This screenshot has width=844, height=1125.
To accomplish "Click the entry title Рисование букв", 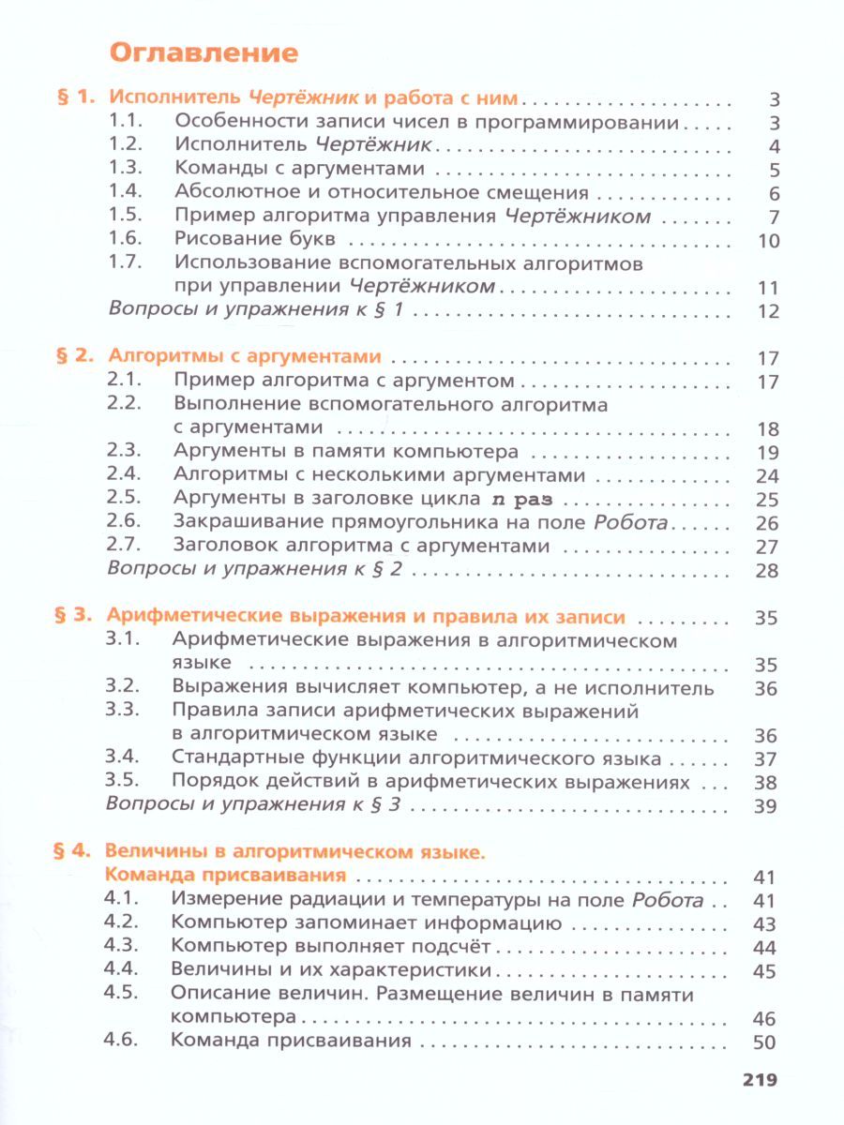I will pyautogui.click(x=242, y=240).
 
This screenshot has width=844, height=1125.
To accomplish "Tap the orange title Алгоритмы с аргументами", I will pyautogui.click(x=245, y=356).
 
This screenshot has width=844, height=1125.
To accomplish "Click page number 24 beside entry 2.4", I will pyautogui.click(x=767, y=476).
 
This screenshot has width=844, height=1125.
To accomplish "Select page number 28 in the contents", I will pyautogui.click(x=767, y=571).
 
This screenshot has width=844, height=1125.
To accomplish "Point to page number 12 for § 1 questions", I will pyautogui.click(x=768, y=312).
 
